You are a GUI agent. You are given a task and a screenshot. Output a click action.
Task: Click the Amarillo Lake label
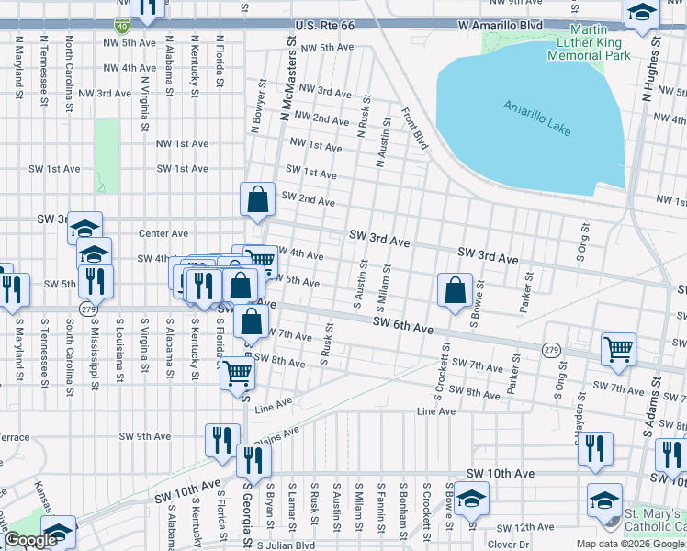pos(538,118)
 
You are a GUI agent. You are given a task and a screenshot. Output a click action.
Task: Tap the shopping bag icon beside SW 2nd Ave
pos(258,198)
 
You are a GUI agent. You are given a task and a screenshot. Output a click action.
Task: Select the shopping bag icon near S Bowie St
pos(455,290)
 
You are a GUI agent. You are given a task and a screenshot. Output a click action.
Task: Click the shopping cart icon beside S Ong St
pos(618,349)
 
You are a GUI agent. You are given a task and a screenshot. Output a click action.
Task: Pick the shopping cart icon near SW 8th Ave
pos(238,372)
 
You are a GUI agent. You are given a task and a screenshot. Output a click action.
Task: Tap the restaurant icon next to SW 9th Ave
pos(221,439)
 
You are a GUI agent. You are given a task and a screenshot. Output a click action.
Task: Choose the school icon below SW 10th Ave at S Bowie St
pos(471,499)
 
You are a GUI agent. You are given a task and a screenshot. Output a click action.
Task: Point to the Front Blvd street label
pos(415,129)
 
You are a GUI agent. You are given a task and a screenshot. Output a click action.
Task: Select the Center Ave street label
pos(163,233)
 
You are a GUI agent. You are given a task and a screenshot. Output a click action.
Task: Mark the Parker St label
pos(525,292)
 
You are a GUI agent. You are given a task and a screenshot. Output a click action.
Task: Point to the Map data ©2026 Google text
pos(628,544)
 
